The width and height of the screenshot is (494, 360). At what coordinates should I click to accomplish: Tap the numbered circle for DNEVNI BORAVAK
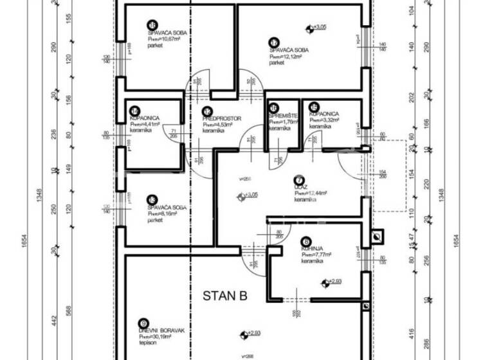pos(143,323)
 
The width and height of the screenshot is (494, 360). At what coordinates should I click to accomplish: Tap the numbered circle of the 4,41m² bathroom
pos(134,111)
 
